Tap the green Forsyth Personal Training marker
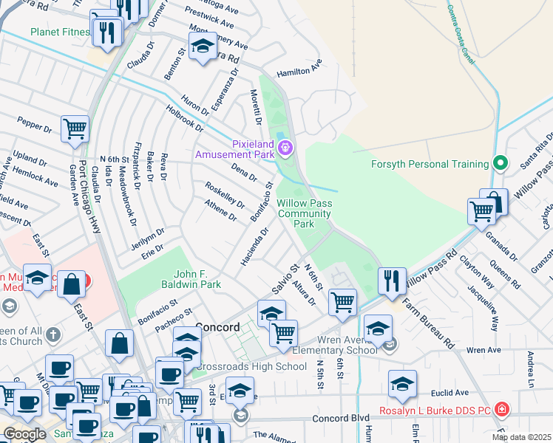pyautogui.click(x=501, y=162)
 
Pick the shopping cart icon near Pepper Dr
pyautogui.click(x=75, y=129)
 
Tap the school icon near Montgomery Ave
pyautogui.click(x=203, y=46)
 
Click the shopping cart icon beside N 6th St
pyautogui.click(x=342, y=301)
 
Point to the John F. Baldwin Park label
pyautogui.click(x=191, y=279)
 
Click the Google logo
pyautogui.click(x=24, y=434)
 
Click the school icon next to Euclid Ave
pyautogui.click(x=402, y=384)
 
